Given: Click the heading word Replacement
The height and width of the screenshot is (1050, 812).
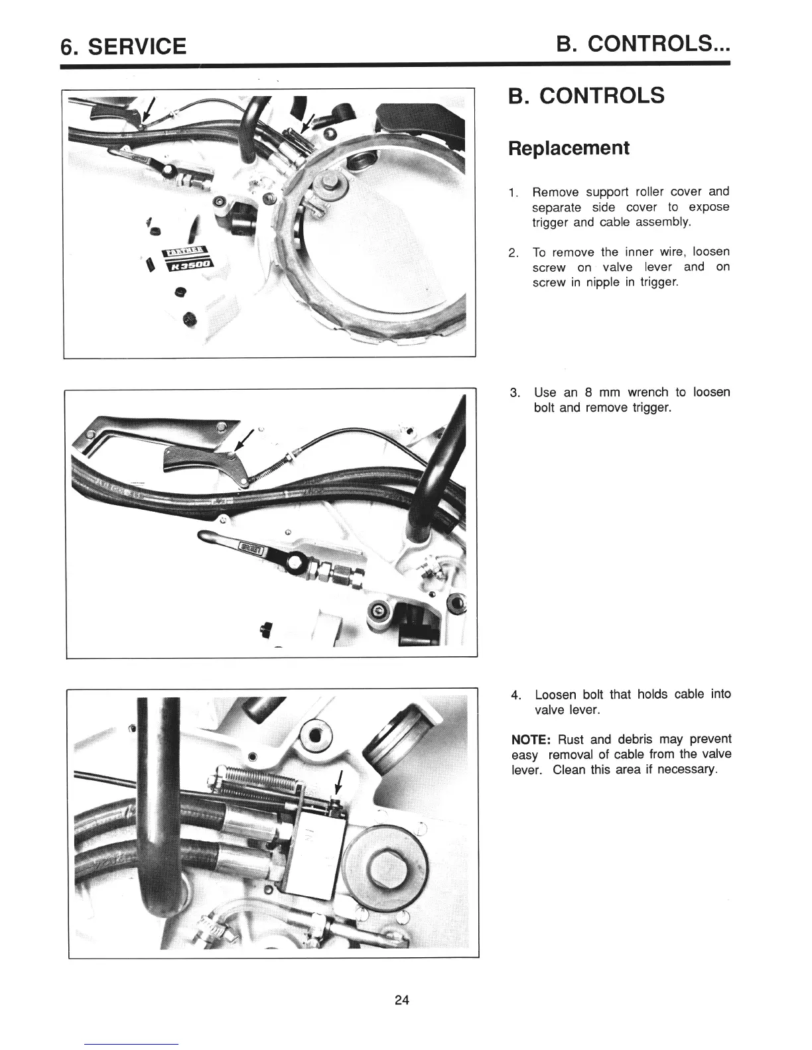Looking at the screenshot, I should [x=568, y=147].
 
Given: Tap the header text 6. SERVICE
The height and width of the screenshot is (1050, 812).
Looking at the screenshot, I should [x=123, y=46].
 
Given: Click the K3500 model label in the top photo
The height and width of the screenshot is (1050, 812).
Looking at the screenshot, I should [x=188, y=264].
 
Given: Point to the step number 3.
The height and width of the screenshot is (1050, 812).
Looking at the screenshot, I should [x=514, y=392].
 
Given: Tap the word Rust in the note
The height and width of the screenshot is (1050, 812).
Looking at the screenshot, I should [x=571, y=739].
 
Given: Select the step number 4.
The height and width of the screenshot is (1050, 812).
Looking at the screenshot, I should [x=515, y=695].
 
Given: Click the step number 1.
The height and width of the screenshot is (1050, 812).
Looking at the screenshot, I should [x=513, y=193].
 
